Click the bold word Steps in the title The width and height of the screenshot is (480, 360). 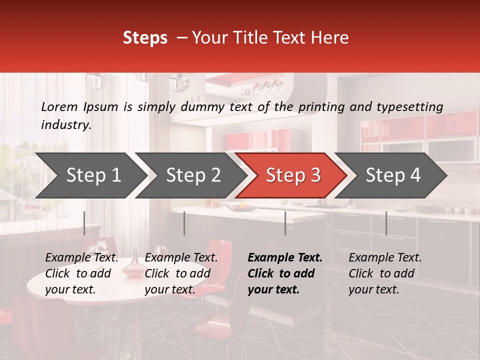(x=145, y=38)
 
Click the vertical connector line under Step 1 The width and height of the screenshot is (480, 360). (x=84, y=223)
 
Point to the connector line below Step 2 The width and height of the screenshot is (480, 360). (x=184, y=223)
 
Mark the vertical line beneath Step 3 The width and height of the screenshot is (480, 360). (x=285, y=223)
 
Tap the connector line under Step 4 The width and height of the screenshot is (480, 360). (x=386, y=223)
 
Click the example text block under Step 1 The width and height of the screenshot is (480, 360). (x=81, y=273)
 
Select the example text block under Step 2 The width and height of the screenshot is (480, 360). (x=181, y=273)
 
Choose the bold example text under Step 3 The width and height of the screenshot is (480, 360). (x=285, y=273)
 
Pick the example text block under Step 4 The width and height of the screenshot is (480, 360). (x=385, y=273)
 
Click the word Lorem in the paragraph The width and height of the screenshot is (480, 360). (x=59, y=106)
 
